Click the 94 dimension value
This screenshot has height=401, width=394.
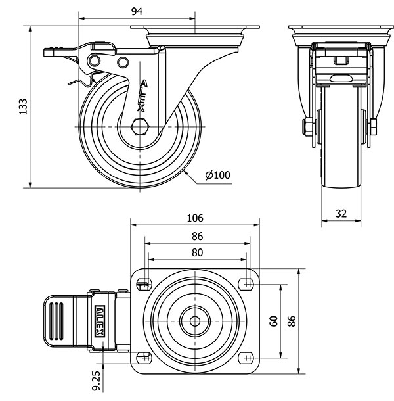tap(137, 10)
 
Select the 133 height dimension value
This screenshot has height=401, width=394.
tap(22, 107)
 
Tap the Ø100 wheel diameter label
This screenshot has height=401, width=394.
tap(217, 176)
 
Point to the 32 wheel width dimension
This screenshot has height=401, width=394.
tap(342, 213)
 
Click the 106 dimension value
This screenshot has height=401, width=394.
tap(196, 218)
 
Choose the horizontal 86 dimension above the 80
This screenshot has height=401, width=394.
tap(197, 236)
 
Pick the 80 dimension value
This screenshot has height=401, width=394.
tap(197, 252)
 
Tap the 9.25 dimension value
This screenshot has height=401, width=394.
tap(96, 381)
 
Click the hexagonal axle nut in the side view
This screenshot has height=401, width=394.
tap(140, 127)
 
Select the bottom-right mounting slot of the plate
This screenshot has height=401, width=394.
tap(247, 358)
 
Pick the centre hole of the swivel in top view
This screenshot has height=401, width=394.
tap(196, 321)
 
